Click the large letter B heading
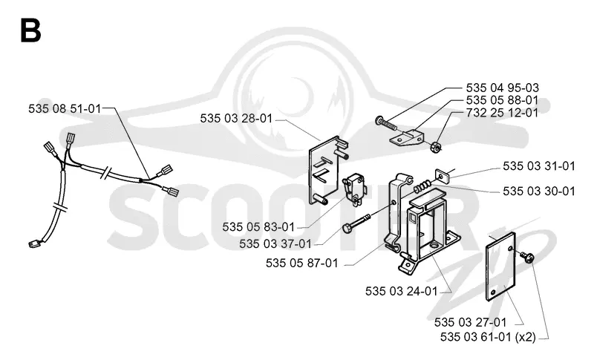pos(30,30)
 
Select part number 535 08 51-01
pos(65,108)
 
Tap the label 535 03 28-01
pos(236,119)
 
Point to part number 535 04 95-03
pos(503,88)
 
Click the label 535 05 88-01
pos(502,100)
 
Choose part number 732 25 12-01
pos(502,112)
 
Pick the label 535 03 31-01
pos(539,166)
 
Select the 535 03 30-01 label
pos(539,192)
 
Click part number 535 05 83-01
pos(258,226)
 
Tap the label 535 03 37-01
pos(275,243)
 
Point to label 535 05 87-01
pos(302,263)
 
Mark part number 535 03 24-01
pos(402,291)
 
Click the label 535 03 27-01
pos(471,322)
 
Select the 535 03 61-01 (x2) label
pos(488,336)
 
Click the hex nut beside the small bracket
pos(436,147)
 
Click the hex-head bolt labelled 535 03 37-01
pos(357,223)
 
